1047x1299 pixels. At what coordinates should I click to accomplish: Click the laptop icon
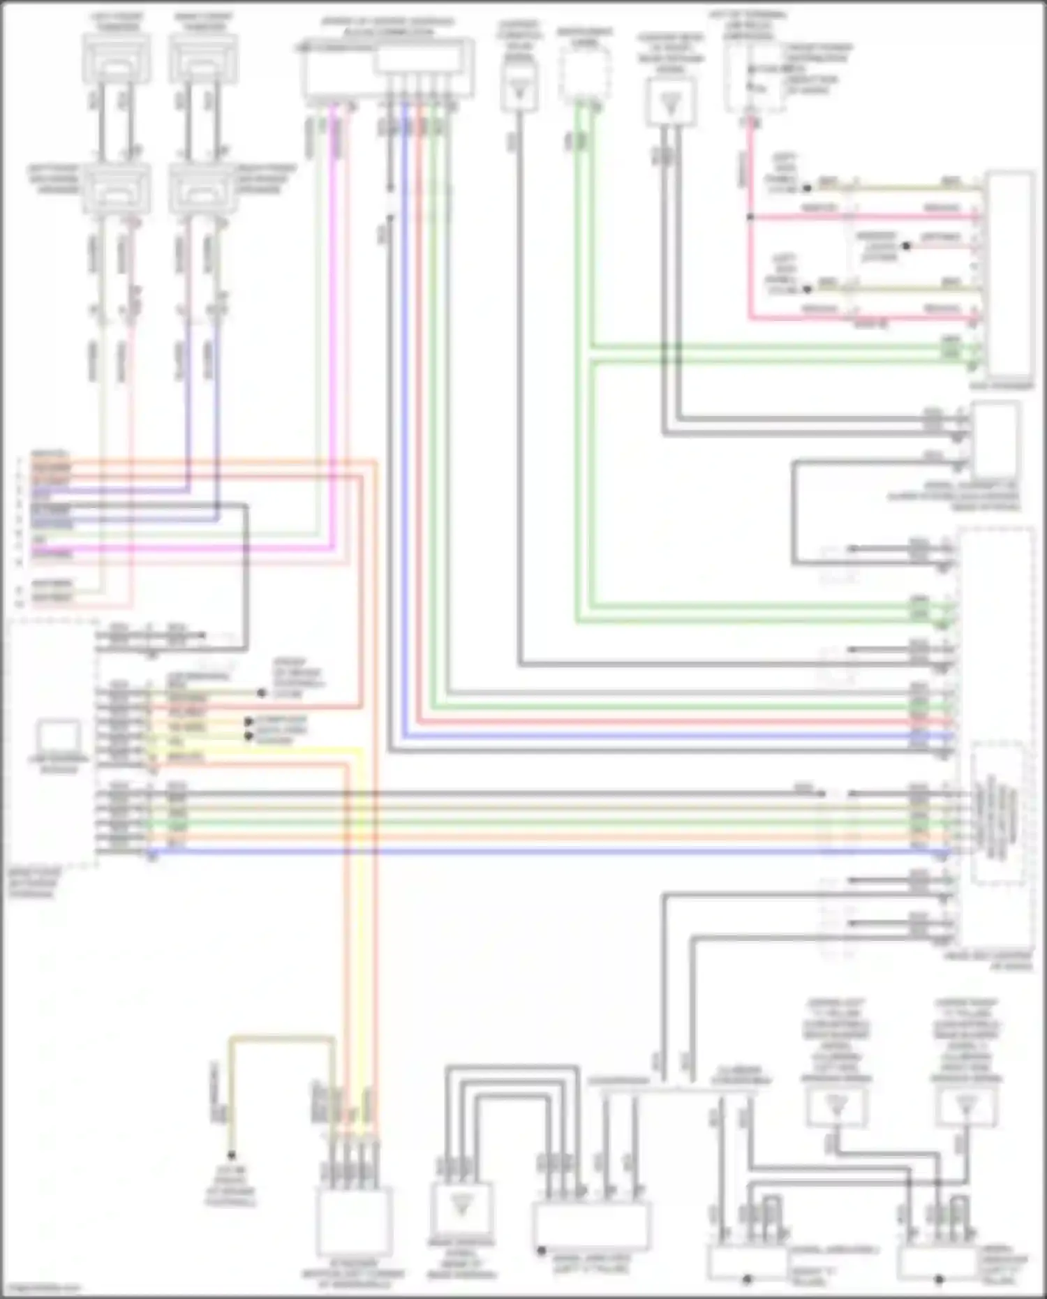[x=59, y=736]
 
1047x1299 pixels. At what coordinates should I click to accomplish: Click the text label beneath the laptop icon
[x=59, y=764]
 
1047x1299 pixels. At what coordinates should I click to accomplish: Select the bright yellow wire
[x=360, y=907]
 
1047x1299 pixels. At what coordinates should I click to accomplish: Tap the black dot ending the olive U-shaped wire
[x=231, y=1156]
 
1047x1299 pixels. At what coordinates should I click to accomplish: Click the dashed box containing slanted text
[x=998, y=813]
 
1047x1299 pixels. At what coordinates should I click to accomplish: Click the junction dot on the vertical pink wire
[x=750, y=217]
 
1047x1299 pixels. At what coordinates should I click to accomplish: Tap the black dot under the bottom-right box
[x=940, y=1280]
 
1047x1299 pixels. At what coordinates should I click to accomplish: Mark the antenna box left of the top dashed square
[x=519, y=87]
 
